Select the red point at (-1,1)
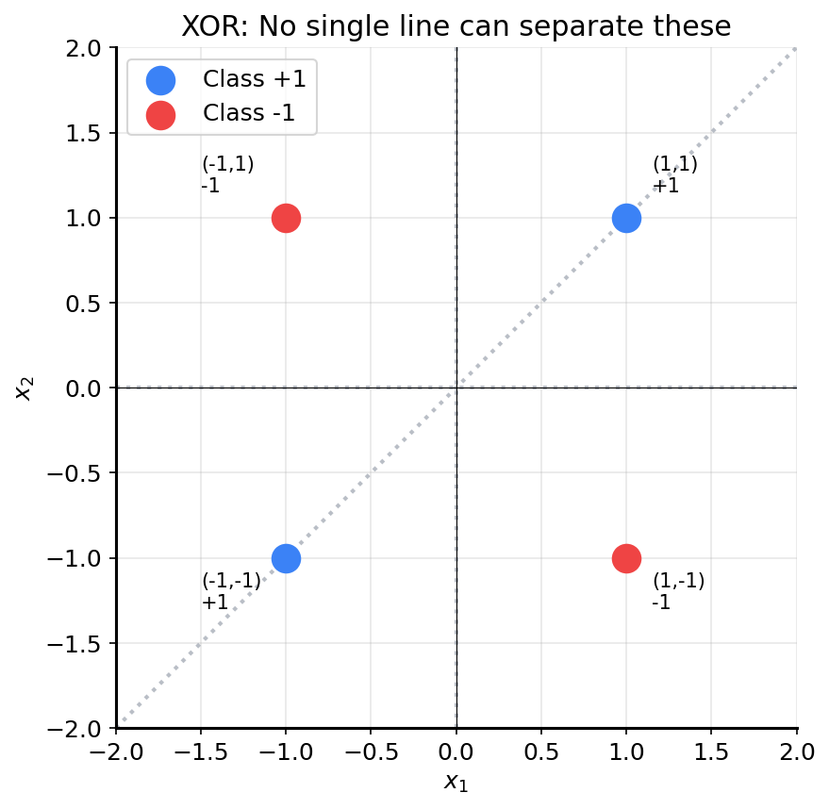(x=286, y=218)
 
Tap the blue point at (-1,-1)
(x=286, y=558)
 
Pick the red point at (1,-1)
(x=626, y=558)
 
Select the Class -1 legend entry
(x=248, y=113)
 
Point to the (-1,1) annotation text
(x=227, y=165)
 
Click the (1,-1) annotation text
(x=678, y=581)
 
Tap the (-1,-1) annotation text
(x=231, y=581)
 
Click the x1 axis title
(x=456, y=782)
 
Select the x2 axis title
(x=25, y=388)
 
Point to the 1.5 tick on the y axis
(x=84, y=133)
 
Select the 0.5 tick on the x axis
(x=541, y=751)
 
